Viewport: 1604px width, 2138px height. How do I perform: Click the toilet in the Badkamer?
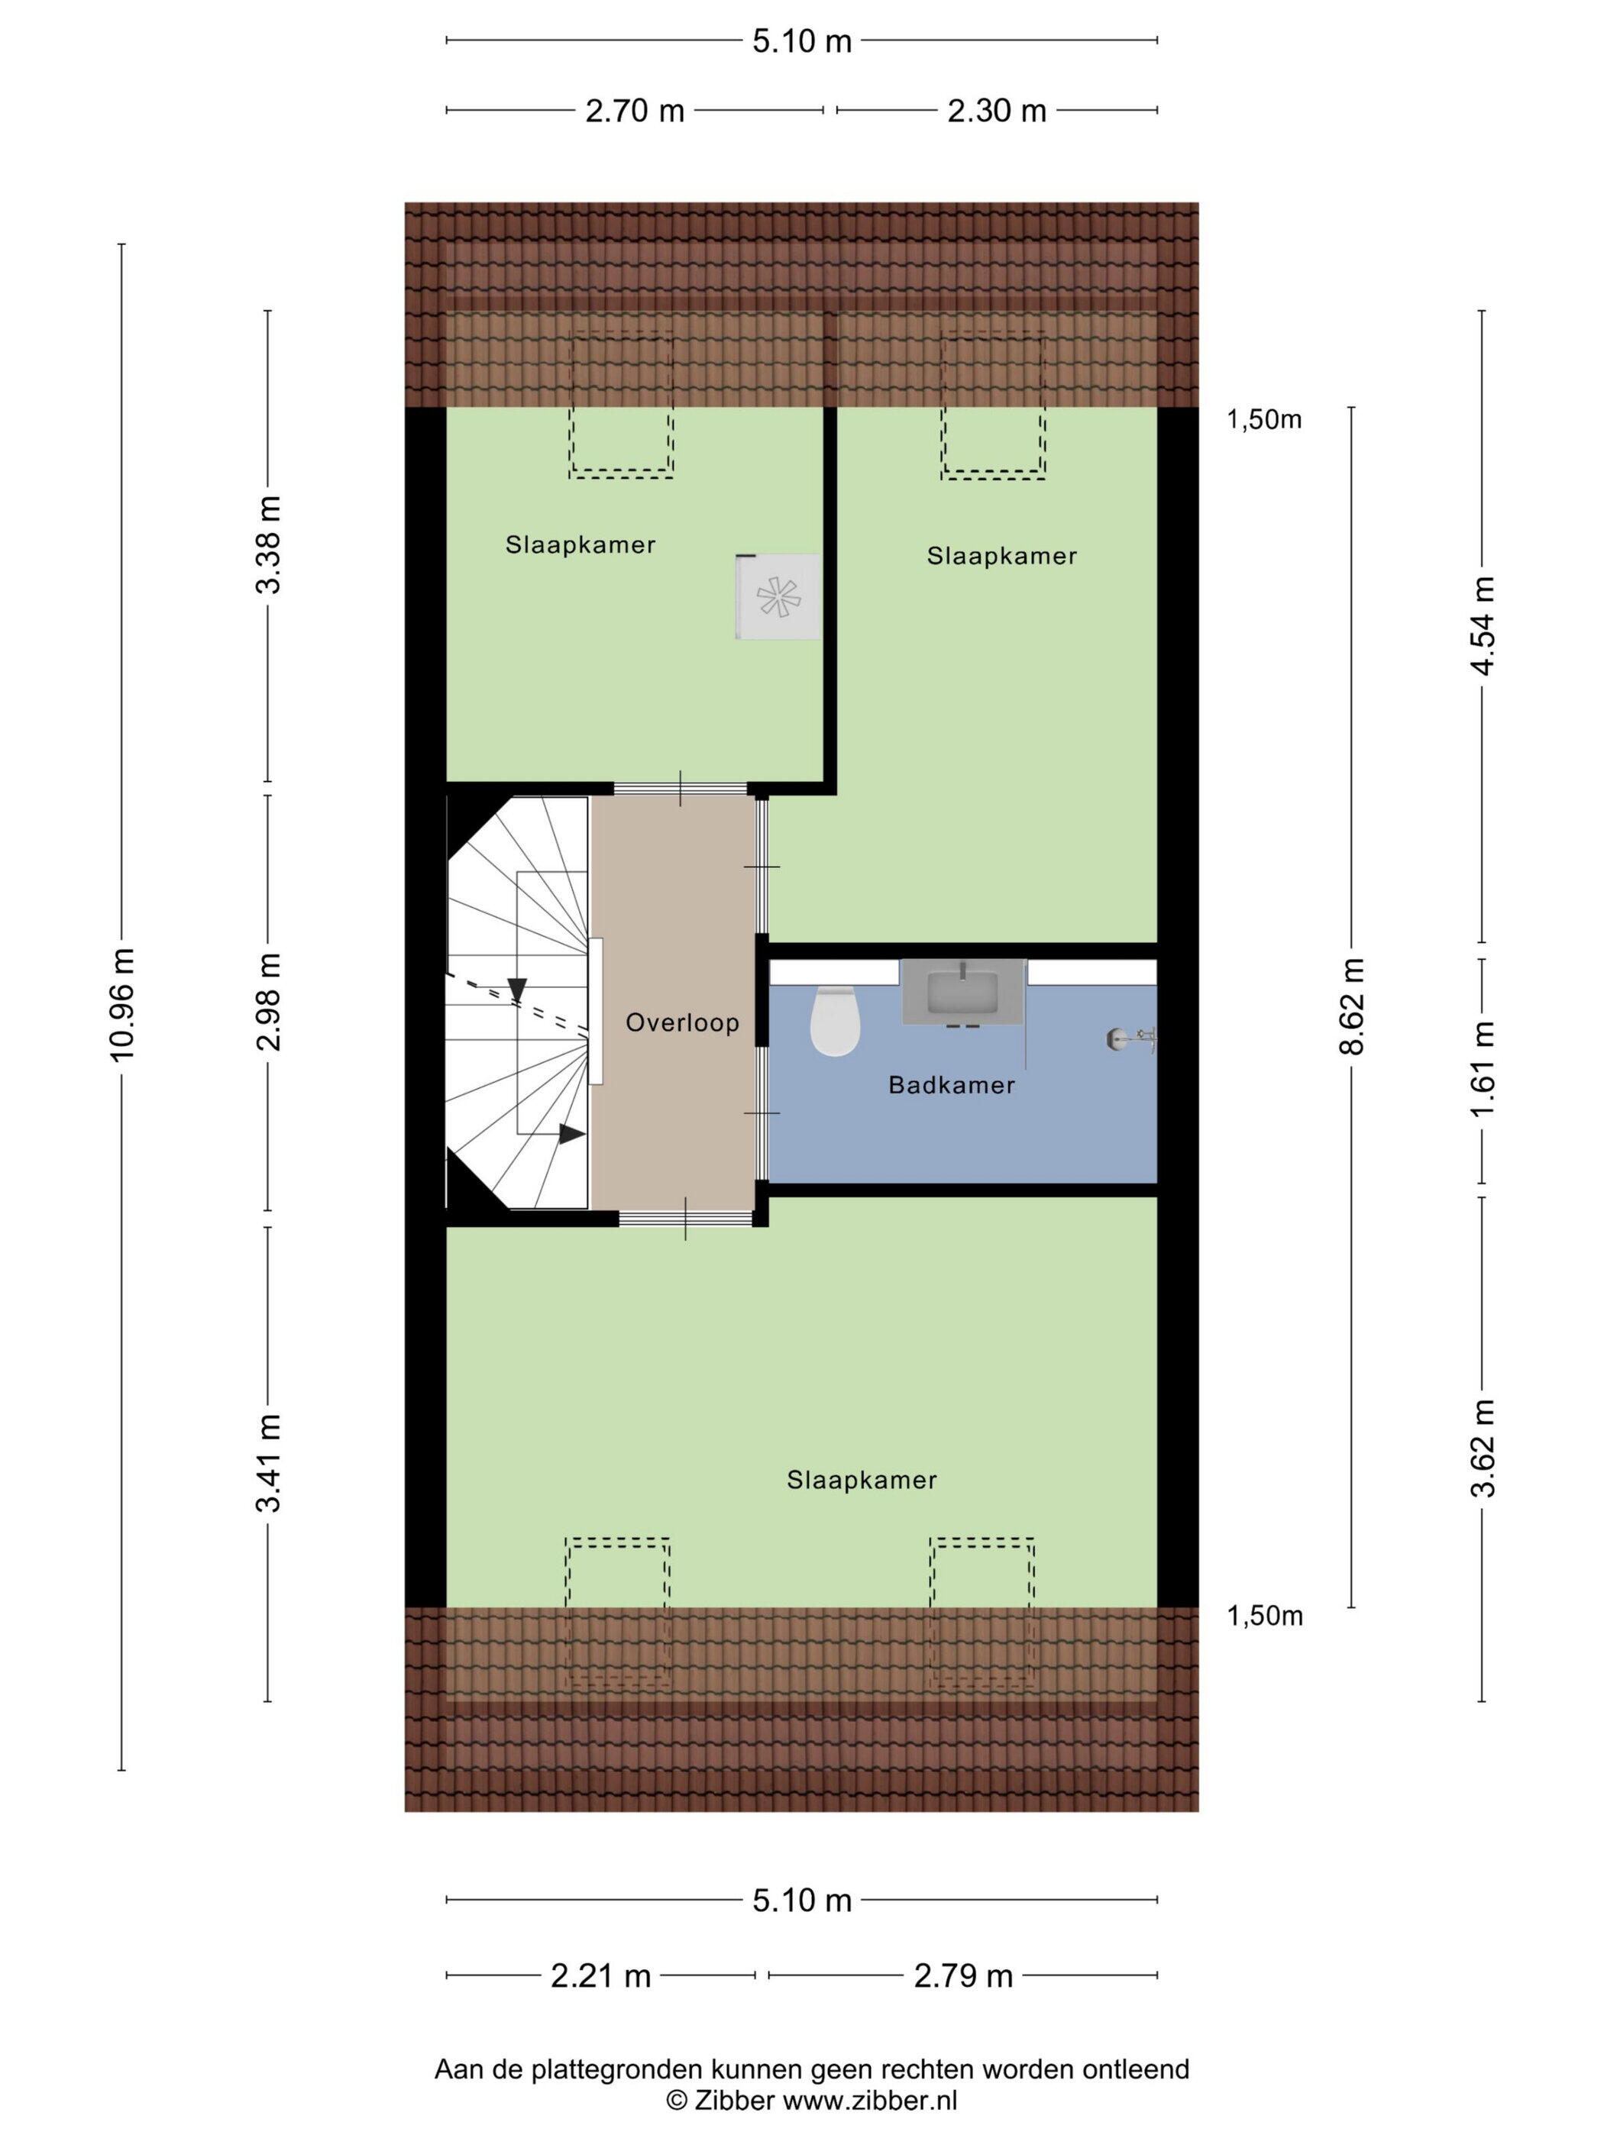(834, 1019)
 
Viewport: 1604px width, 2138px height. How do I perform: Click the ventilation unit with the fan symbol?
(778, 596)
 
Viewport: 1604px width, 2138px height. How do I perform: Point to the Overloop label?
(681, 1022)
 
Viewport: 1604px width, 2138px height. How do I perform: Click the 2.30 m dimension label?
(996, 111)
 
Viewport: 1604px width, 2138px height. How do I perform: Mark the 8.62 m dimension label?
(1352, 1005)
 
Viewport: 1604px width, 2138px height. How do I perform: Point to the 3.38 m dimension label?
(269, 544)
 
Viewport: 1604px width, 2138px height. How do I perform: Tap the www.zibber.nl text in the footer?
(869, 2099)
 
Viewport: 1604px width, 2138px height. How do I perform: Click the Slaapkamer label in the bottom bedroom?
(862, 1480)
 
